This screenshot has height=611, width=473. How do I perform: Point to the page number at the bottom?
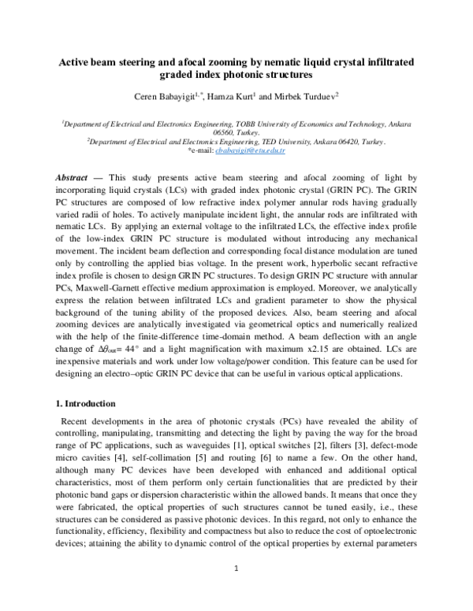tap(236, 590)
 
